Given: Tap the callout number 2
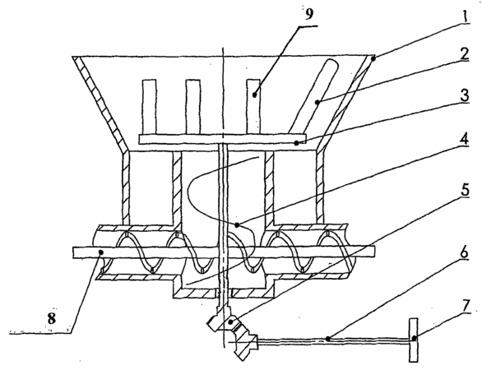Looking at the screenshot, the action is [x=465, y=54].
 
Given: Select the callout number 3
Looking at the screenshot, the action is [x=465, y=95].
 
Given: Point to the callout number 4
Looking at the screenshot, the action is [x=464, y=139].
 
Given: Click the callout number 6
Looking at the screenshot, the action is [x=464, y=252].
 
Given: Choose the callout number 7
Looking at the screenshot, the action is [x=466, y=307].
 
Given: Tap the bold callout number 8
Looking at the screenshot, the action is [x=52, y=319].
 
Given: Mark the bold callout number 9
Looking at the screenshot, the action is [x=309, y=13].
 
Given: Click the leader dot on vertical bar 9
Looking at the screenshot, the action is [x=254, y=95].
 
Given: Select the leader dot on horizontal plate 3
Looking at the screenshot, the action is [x=296, y=142].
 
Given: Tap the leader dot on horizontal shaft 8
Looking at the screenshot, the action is [x=100, y=252].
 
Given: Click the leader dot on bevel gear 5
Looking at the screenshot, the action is [x=230, y=322].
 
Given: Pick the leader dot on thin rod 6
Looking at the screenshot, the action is [x=328, y=339].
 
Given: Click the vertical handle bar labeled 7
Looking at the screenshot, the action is [x=414, y=340].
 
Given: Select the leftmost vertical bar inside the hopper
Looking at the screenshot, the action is [x=149, y=107].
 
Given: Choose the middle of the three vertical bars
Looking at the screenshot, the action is [x=193, y=107].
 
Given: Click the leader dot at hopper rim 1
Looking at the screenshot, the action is [x=373, y=58].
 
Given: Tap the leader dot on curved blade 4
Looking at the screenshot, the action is [x=237, y=225].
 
